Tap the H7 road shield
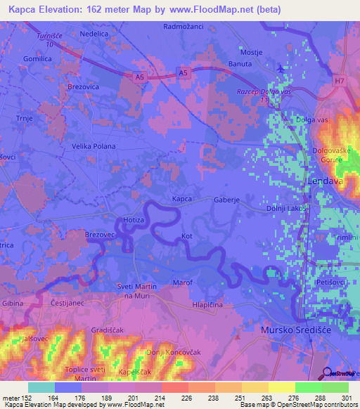coord(340,81)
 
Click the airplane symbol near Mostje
coord(282,69)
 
